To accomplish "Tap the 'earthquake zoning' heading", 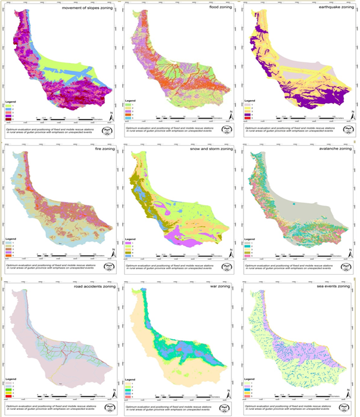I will [x=330, y=9].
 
